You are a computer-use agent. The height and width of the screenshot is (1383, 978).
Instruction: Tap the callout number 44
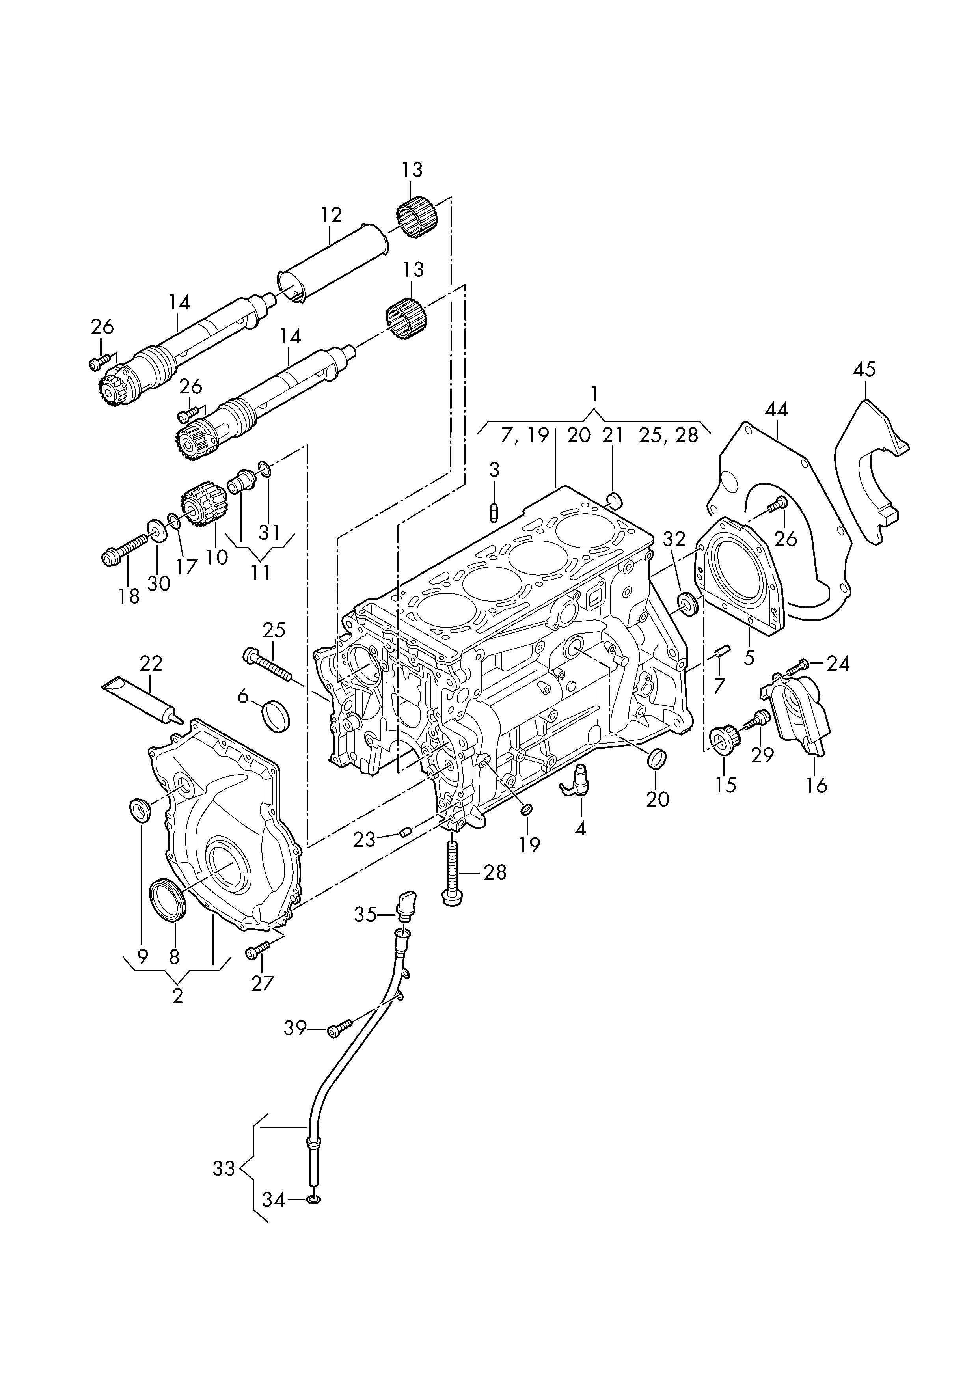[776, 410]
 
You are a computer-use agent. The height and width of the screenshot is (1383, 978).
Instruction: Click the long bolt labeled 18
[126, 552]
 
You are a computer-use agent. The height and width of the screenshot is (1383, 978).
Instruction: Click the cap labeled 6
[276, 716]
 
